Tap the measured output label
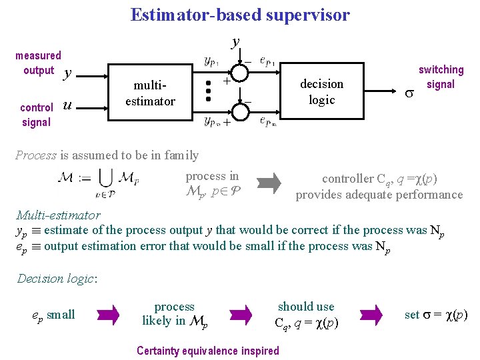click(38, 63)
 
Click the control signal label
click(37, 114)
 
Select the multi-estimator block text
click(155, 93)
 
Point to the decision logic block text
click(321, 91)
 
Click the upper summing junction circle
click(239, 69)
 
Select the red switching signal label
click(441, 77)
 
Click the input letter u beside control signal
click(66, 105)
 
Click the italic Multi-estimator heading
click(58, 215)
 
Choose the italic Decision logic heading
click(57, 279)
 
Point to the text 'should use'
click(306, 307)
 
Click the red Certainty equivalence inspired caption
click(208, 351)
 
